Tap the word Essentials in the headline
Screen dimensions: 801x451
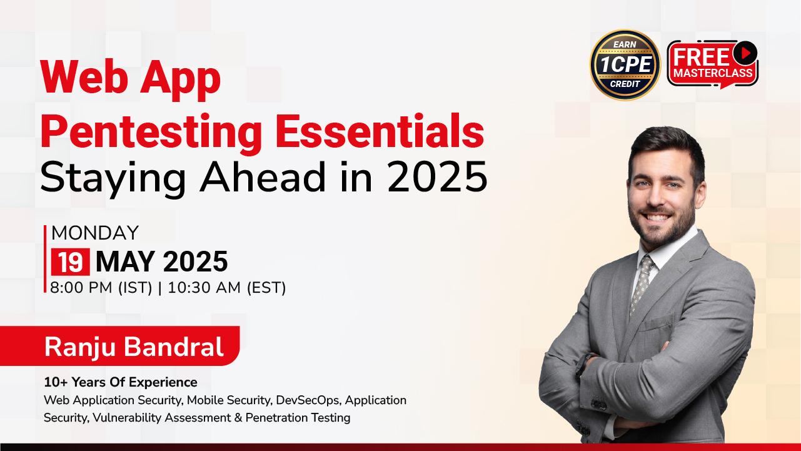[x=380, y=130]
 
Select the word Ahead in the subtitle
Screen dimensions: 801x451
[x=263, y=177]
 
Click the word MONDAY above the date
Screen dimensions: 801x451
[x=95, y=233]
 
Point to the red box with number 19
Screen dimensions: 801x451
[x=71, y=262]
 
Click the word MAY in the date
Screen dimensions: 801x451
[x=125, y=262]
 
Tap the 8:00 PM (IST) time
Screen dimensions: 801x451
[x=101, y=288]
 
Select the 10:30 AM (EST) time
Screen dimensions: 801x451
[x=227, y=288]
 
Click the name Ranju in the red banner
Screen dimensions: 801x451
[x=80, y=347]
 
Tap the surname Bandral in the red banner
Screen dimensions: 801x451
[x=173, y=346]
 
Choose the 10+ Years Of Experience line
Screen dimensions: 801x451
[x=121, y=382]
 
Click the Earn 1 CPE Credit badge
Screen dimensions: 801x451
[x=625, y=64]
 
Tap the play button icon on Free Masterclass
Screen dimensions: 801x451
[x=745, y=53]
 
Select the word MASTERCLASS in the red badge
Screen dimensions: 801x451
[x=713, y=73]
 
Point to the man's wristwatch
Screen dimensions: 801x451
[x=582, y=364]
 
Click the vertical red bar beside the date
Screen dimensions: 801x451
[x=45, y=259]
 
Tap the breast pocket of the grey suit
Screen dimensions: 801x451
[x=658, y=323]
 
